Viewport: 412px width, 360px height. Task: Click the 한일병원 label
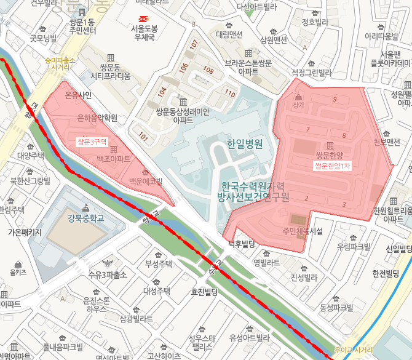(245, 145)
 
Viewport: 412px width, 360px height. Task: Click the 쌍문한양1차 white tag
(332, 166)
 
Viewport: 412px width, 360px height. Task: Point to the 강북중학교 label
(86, 218)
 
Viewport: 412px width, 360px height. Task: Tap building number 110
(230, 94)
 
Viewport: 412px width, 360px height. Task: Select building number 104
(162, 91)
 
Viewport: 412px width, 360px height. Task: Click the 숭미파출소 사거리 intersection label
(60, 63)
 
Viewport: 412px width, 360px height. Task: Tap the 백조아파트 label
(113, 159)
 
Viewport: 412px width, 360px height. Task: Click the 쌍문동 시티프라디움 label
(111, 73)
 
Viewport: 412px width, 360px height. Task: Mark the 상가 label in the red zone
(299, 105)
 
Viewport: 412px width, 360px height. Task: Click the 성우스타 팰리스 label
(202, 342)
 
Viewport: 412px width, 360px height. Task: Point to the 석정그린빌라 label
(311, 73)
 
